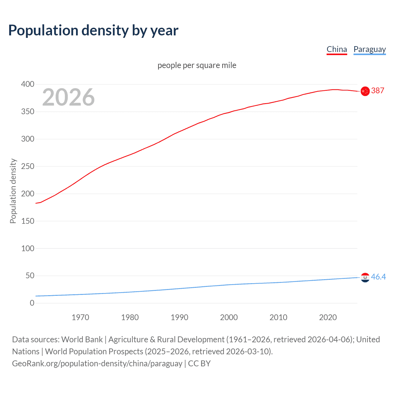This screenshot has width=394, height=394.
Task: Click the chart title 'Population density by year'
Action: click(x=93, y=30)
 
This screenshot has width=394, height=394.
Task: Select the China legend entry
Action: click(x=337, y=49)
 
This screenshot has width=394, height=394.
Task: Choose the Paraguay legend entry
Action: click(x=369, y=49)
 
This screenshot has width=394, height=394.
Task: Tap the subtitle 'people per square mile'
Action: click(x=197, y=66)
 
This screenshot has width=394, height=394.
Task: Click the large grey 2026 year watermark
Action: click(x=68, y=97)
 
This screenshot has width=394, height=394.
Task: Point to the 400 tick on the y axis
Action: click(x=28, y=84)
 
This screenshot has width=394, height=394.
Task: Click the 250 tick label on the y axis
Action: click(x=28, y=167)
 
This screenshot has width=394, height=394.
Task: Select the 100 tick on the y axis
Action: click(x=28, y=248)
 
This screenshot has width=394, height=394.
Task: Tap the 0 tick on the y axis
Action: click(x=32, y=303)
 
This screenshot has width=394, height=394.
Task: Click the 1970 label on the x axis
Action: click(x=80, y=317)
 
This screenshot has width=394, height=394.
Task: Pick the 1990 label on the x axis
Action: click(x=179, y=317)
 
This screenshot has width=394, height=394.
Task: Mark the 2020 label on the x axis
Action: click(x=328, y=317)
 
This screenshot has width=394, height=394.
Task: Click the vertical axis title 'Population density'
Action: click(x=13, y=191)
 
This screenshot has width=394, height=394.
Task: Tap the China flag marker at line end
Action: click(x=365, y=91)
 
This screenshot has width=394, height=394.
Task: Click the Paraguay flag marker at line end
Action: click(x=365, y=277)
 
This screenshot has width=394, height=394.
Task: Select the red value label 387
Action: click(x=378, y=90)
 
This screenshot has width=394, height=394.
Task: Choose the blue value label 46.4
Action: click(x=378, y=277)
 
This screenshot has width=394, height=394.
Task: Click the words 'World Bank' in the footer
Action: click(x=82, y=340)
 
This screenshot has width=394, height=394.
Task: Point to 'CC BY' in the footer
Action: click(x=199, y=364)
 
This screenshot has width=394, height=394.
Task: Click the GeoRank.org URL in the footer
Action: click(x=97, y=364)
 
